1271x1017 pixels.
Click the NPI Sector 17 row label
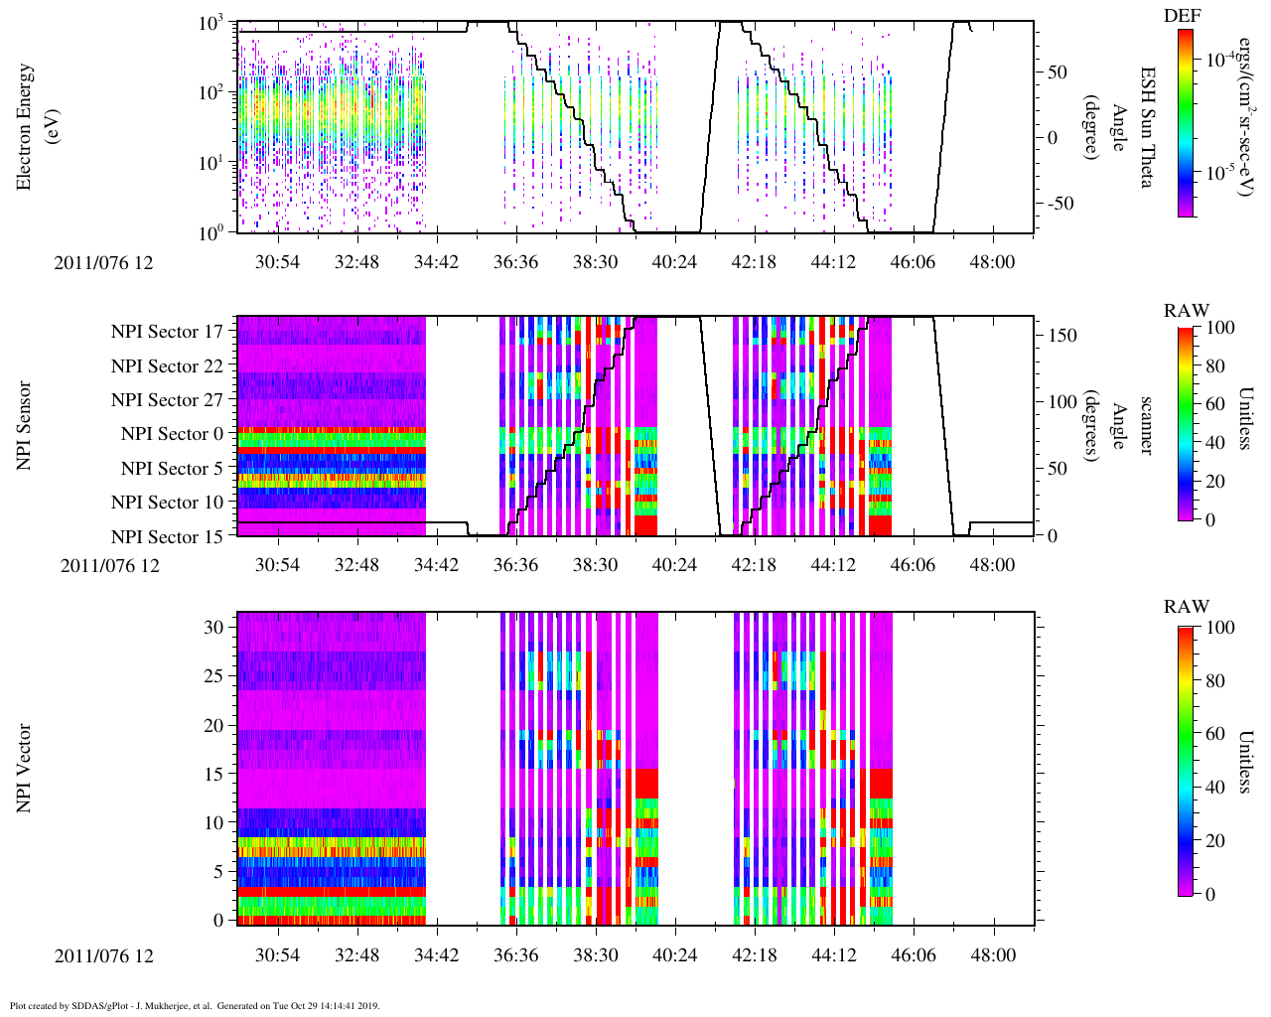[168, 332]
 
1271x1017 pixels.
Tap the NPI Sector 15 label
[168, 537]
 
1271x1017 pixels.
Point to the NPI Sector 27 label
[168, 400]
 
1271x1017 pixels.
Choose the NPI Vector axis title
[25, 769]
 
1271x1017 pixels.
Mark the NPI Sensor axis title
[25, 426]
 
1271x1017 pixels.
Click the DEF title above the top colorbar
[1182, 16]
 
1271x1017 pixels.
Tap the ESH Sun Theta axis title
[1147, 127]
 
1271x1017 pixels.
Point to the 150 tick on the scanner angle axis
[1063, 336]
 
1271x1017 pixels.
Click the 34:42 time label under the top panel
[436, 261]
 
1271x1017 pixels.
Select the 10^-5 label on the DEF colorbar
[1220, 171]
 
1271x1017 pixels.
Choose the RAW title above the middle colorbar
[1187, 311]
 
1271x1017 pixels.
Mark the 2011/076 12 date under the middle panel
[109, 566]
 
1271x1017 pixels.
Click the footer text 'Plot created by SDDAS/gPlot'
[99, 1005]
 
